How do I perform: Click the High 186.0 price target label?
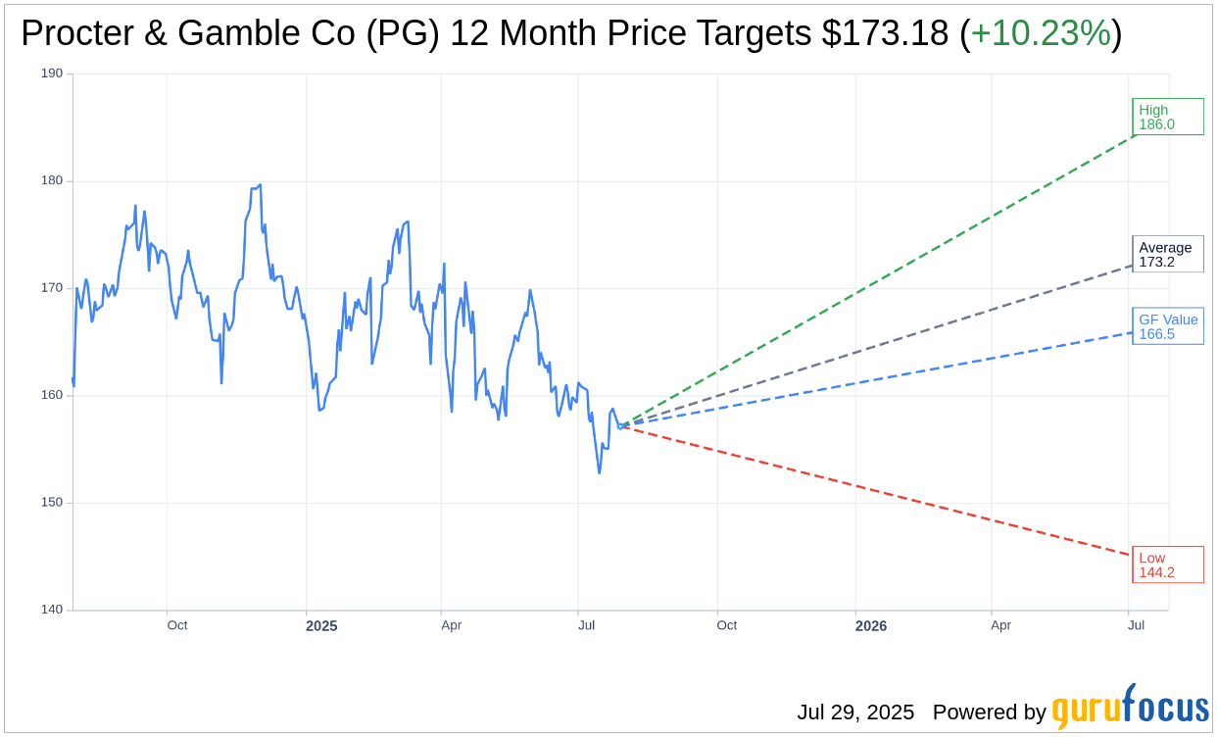(1167, 117)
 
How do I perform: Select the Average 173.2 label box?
(1167, 254)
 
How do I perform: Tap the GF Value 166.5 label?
(1167, 326)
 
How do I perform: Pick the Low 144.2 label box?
(1167, 565)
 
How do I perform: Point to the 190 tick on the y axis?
(52, 74)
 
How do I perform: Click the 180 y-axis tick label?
(52, 180)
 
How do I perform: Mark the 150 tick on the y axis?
(52, 503)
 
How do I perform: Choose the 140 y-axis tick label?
(52, 610)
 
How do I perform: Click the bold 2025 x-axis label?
(321, 626)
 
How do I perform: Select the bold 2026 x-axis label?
(870, 626)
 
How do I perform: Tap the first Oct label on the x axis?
(177, 625)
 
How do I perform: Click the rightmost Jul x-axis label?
(1136, 625)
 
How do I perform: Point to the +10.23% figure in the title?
(1041, 33)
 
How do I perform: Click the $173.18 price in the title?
(885, 33)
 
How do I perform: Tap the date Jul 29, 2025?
(854, 712)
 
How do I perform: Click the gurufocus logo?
(1130, 709)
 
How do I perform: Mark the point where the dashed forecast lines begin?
(620, 426)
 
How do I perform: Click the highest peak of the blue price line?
(260, 184)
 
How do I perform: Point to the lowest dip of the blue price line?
(600, 473)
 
